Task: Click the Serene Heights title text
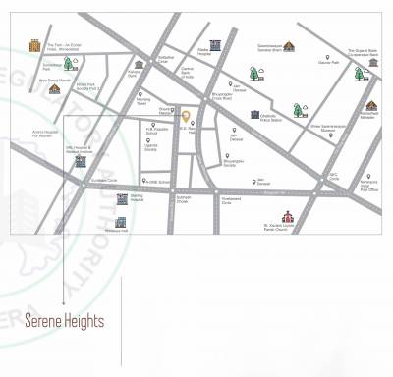(65, 321)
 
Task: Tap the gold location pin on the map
(185, 117)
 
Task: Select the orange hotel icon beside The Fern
(35, 46)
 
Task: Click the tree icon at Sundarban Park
(69, 64)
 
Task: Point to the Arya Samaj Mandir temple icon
(55, 88)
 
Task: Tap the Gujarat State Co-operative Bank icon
(373, 63)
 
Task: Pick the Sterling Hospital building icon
(123, 199)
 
